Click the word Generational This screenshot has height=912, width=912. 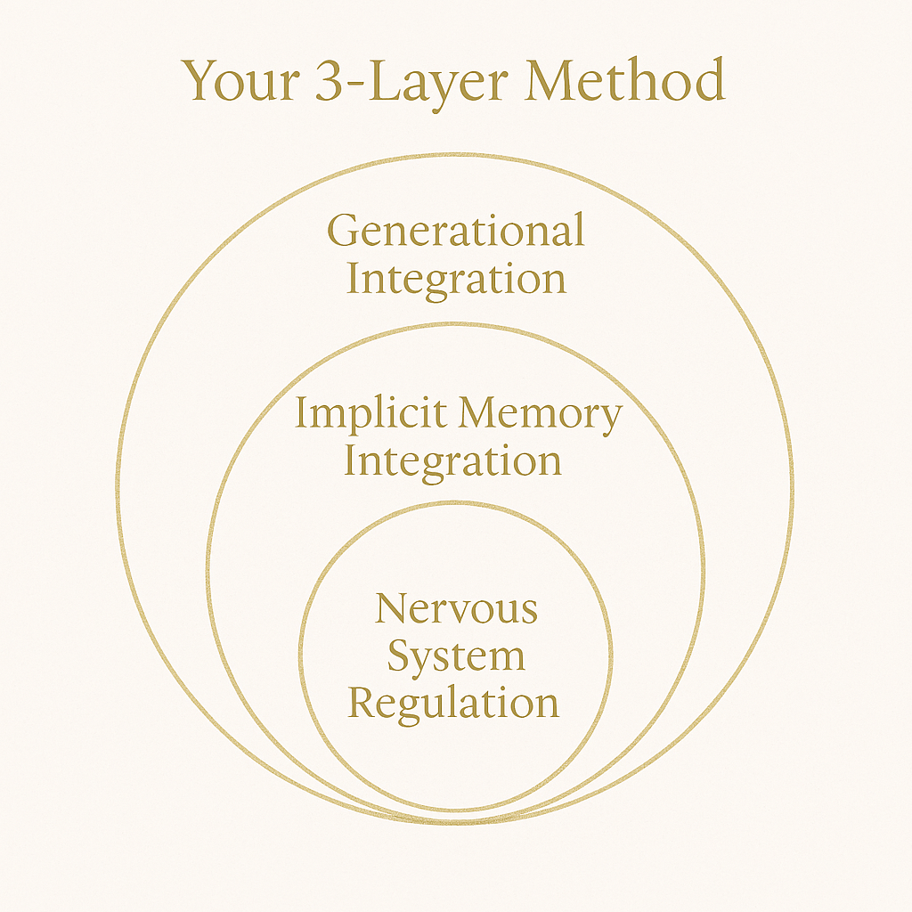tap(456, 231)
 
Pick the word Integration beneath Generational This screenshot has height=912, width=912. tap(456, 279)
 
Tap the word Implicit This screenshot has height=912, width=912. tap(370, 414)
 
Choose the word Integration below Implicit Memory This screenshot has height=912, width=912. tap(453, 461)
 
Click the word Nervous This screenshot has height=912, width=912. tap(456, 609)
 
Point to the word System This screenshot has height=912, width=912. tap(456, 657)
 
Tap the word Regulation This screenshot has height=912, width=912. tap(453, 703)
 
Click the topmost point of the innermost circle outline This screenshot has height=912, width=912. tap(456, 502)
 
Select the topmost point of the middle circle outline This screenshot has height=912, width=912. tap(456, 324)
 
